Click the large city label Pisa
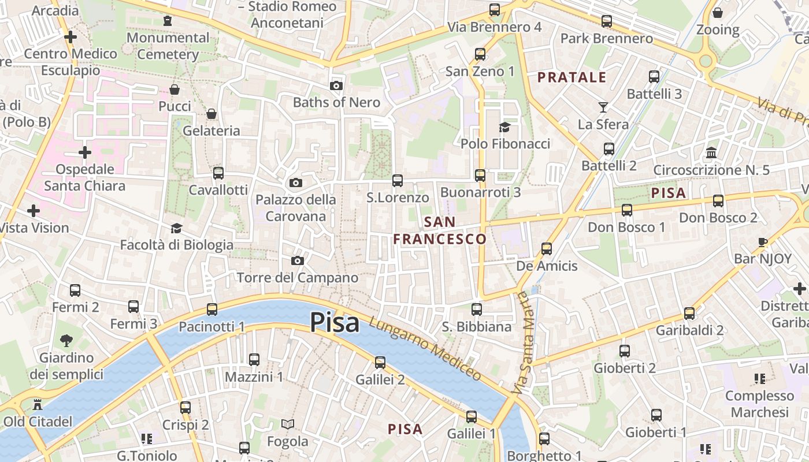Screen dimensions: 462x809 (335, 322)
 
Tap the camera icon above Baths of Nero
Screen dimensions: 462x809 (336, 86)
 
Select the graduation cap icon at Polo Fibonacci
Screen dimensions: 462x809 (505, 127)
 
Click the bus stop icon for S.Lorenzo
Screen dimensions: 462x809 (398, 181)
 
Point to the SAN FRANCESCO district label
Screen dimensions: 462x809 (440, 230)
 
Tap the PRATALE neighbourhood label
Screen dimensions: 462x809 (572, 77)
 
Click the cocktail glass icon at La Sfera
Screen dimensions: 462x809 (603, 107)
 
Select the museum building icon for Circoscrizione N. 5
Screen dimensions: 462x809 (711, 153)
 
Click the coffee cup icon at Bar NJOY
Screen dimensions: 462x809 (763, 242)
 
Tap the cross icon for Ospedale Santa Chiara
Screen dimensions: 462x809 (85, 152)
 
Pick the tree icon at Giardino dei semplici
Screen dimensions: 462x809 (66, 341)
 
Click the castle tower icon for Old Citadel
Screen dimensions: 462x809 (38, 404)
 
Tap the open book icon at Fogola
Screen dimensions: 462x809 (287, 424)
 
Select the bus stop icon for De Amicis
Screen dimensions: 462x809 (547, 249)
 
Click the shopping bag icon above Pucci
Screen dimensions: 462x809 (175, 90)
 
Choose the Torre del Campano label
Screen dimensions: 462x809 (298, 278)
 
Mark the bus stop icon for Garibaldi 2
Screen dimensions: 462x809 (689, 314)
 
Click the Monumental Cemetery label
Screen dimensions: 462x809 (168, 46)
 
